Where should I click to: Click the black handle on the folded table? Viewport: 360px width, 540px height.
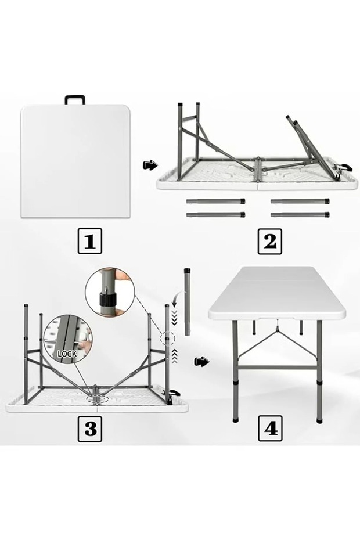click(x=75, y=99)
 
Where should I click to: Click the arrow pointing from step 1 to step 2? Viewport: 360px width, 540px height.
click(x=150, y=165)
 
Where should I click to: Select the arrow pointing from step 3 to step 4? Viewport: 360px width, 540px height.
click(x=201, y=362)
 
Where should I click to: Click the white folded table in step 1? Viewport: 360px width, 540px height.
click(x=75, y=161)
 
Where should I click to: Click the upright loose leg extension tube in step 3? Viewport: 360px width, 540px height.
click(x=188, y=301)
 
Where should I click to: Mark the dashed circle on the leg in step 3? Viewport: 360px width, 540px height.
click(x=167, y=338)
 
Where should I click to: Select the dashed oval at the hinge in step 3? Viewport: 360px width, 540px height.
click(x=96, y=399)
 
